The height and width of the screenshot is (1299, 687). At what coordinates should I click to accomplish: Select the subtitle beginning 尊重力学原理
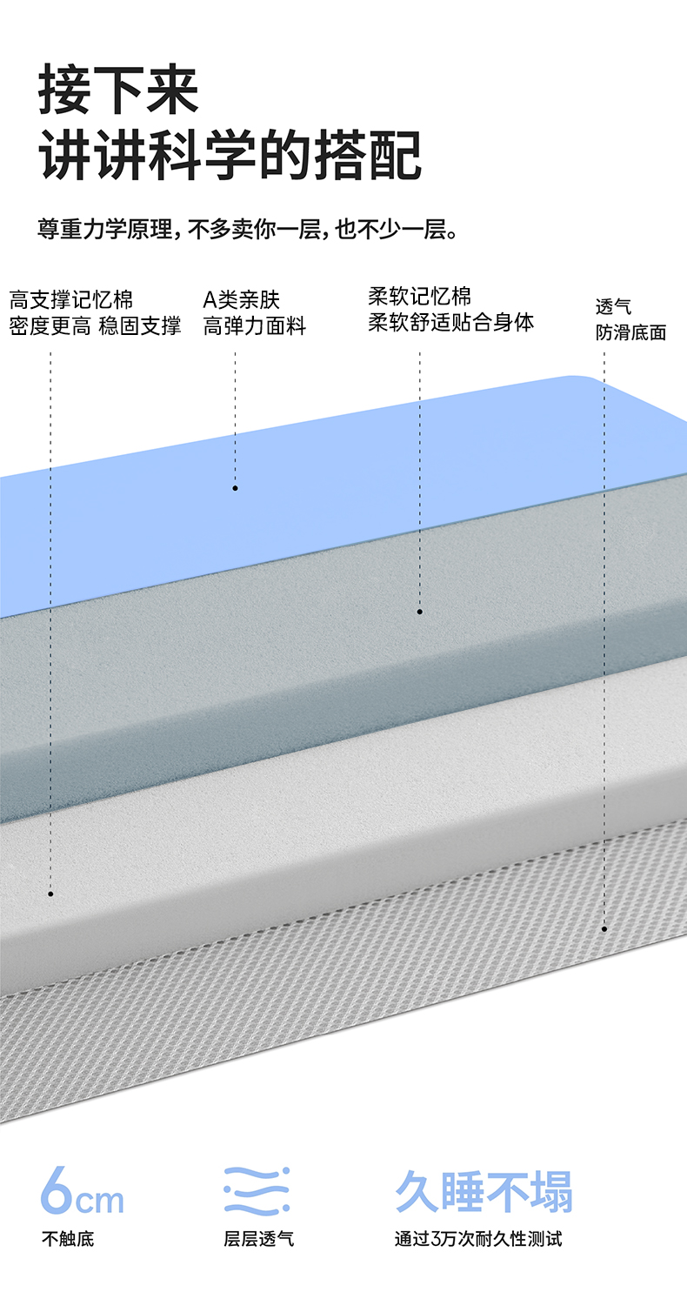247,230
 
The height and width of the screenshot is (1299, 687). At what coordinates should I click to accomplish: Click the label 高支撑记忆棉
71,301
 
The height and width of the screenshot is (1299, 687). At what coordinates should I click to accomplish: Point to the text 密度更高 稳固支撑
95,326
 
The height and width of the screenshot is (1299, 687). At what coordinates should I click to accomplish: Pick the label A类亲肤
242,301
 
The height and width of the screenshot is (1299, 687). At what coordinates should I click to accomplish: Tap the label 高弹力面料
255,326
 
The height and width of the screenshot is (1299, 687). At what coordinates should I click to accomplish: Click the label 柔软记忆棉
420,296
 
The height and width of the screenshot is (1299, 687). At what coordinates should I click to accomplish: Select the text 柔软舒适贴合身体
451,322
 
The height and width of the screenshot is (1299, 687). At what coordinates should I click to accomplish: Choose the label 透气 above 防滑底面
614,306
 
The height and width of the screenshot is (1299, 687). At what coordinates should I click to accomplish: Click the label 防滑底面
631,332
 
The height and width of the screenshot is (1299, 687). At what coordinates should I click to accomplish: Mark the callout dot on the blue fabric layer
235,488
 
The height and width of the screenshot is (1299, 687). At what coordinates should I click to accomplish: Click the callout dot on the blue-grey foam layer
419,612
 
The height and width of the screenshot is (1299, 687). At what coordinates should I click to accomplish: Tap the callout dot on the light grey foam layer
50,894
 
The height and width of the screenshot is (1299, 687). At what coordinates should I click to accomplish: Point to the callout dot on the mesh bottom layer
604,929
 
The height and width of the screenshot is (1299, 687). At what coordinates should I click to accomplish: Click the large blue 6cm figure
82,1194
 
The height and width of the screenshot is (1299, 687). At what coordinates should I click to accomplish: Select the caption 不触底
68,1238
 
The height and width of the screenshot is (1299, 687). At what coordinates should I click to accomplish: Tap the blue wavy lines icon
257,1191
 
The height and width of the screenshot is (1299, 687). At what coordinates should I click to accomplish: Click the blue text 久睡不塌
484,1192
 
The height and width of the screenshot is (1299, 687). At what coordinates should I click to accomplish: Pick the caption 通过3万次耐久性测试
478,1238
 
